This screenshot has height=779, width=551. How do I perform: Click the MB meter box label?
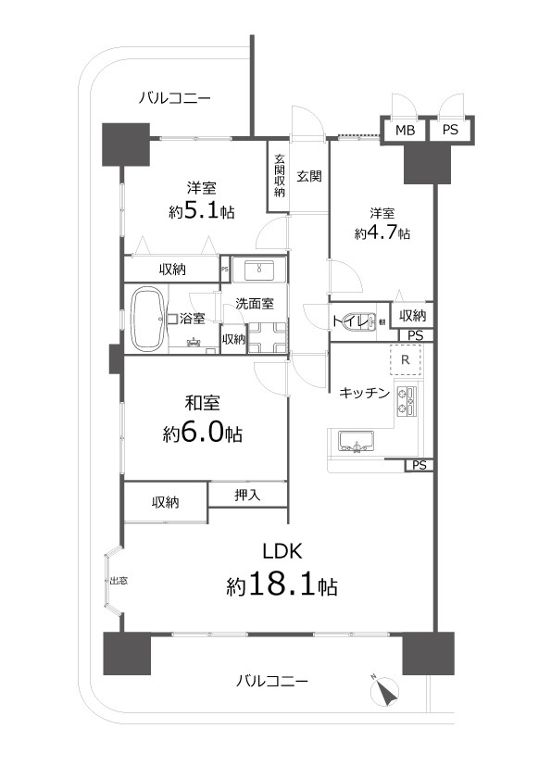point(405,131)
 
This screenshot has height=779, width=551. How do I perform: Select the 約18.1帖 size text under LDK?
point(282,586)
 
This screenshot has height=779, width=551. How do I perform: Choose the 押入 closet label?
point(247,496)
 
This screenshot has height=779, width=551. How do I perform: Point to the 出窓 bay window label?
point(119,581)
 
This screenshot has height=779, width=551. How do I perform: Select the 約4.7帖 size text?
point(381,233)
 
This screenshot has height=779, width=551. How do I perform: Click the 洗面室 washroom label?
point(254,303)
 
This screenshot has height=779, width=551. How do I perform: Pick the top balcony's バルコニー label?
point(176,97)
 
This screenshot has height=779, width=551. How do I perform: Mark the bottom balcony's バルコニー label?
point(271,681)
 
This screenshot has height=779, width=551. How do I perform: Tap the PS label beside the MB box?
point(449,131)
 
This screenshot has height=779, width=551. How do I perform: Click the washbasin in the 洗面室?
point(257,270)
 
